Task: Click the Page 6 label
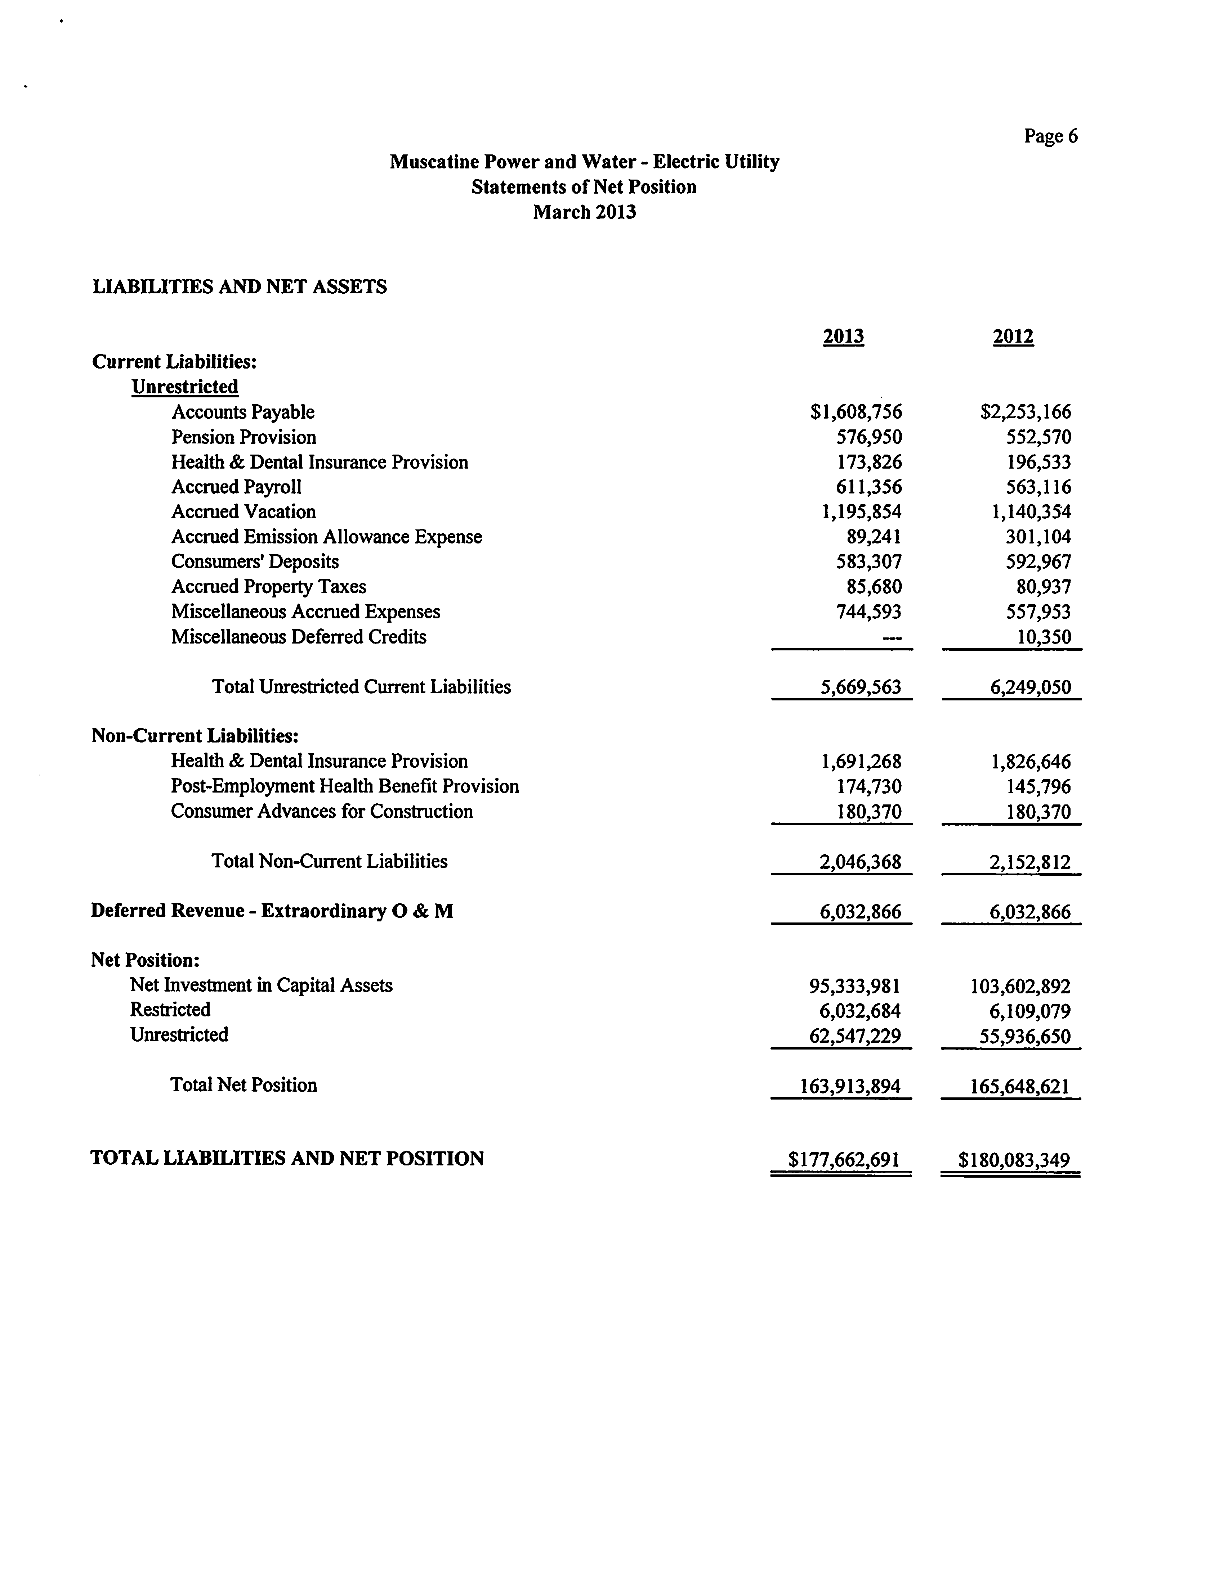[x=1050, y=136]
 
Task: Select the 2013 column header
[x=843, y=337]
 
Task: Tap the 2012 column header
[x=1013, y=337]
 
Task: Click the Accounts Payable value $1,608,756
[x=856, y=412]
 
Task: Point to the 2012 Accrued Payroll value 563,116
[x=1038, y=487]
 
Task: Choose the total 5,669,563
[x=861, y=687]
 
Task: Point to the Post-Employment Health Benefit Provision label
[x=345, y=786]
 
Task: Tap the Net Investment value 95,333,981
[x=855, y=986]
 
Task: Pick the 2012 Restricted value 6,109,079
[x=1030, y=1011]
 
